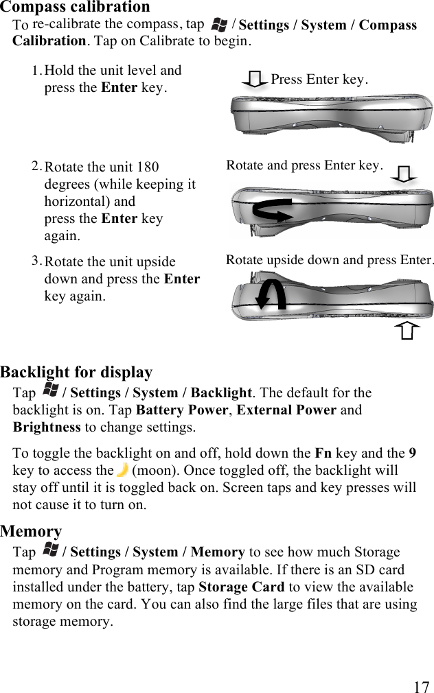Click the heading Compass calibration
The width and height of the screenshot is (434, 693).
click(75, 8)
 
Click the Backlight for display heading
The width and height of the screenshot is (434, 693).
click(76, 373)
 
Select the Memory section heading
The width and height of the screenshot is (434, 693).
click(31, 531)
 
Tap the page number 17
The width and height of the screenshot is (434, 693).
click(422, 687)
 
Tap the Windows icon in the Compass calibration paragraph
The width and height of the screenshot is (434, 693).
click(219, 25)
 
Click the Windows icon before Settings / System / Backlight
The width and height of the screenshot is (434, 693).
click(50, 392)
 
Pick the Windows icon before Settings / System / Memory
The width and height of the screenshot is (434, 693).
click(50, 551)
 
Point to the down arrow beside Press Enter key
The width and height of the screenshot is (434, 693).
click(255, 80)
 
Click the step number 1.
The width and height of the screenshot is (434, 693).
click(36, 70)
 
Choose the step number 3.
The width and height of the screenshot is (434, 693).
click(36, 261)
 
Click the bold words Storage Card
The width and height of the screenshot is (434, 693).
click(241, 587)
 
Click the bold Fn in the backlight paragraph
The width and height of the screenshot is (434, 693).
click(323, 454)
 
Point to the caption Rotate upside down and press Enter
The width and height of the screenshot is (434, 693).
click(330, 260)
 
